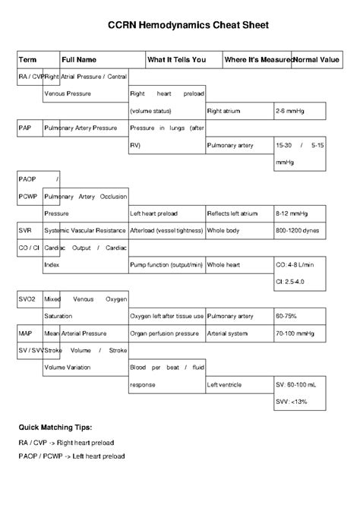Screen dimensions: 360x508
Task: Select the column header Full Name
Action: click(79, 59)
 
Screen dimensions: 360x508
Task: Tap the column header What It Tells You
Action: click(176, 59)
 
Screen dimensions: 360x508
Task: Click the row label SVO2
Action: click(28, 299)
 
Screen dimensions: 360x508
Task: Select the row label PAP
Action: click(26, 128)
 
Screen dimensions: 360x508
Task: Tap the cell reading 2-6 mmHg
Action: click(290, 111)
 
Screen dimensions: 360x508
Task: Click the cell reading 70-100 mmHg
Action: click(296, 333)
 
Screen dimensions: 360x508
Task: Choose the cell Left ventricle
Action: click(227, 385)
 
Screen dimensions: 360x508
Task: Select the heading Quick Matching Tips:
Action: click(55, 428)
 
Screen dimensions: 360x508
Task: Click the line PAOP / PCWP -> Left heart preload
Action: click(71, 456)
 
